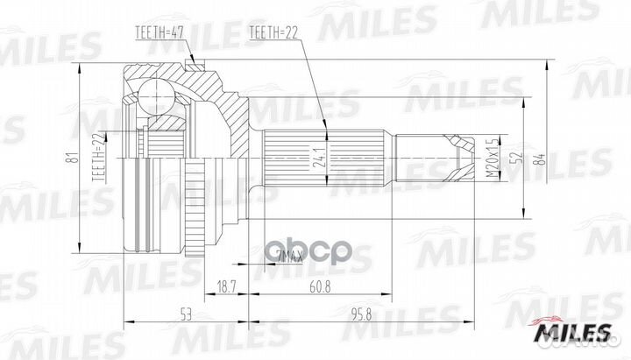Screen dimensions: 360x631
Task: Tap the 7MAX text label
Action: pyautogui.click(x=289, y=256)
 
